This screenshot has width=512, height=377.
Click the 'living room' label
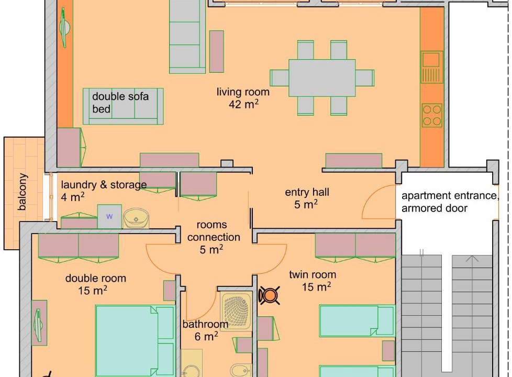[x=243, y=92]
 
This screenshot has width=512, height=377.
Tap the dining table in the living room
[x=322, y=77]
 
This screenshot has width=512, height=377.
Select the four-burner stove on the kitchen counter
[x=432, y=115]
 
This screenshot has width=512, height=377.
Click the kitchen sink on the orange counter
[x=432, y=67]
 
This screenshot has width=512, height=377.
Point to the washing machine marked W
[x=109, y=216]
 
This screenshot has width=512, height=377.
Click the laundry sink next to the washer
[x=136, y=218]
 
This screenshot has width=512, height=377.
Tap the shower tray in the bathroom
[x=236, y=311]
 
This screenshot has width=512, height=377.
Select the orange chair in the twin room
[x=270, y=296]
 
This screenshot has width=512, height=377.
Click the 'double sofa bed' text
[x=120, y=103]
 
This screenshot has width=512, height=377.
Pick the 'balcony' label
[x=22, y=192]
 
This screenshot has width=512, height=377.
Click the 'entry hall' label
[x=307, y=192]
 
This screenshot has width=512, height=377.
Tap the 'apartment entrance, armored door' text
[x=450, y=202]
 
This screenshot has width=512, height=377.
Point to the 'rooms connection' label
[x=214, y=231]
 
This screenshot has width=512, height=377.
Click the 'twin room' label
[x=313, y=274]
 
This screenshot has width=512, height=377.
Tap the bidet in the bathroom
[x=241, y=371]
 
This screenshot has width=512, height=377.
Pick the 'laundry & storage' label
[x=104, y=185]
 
